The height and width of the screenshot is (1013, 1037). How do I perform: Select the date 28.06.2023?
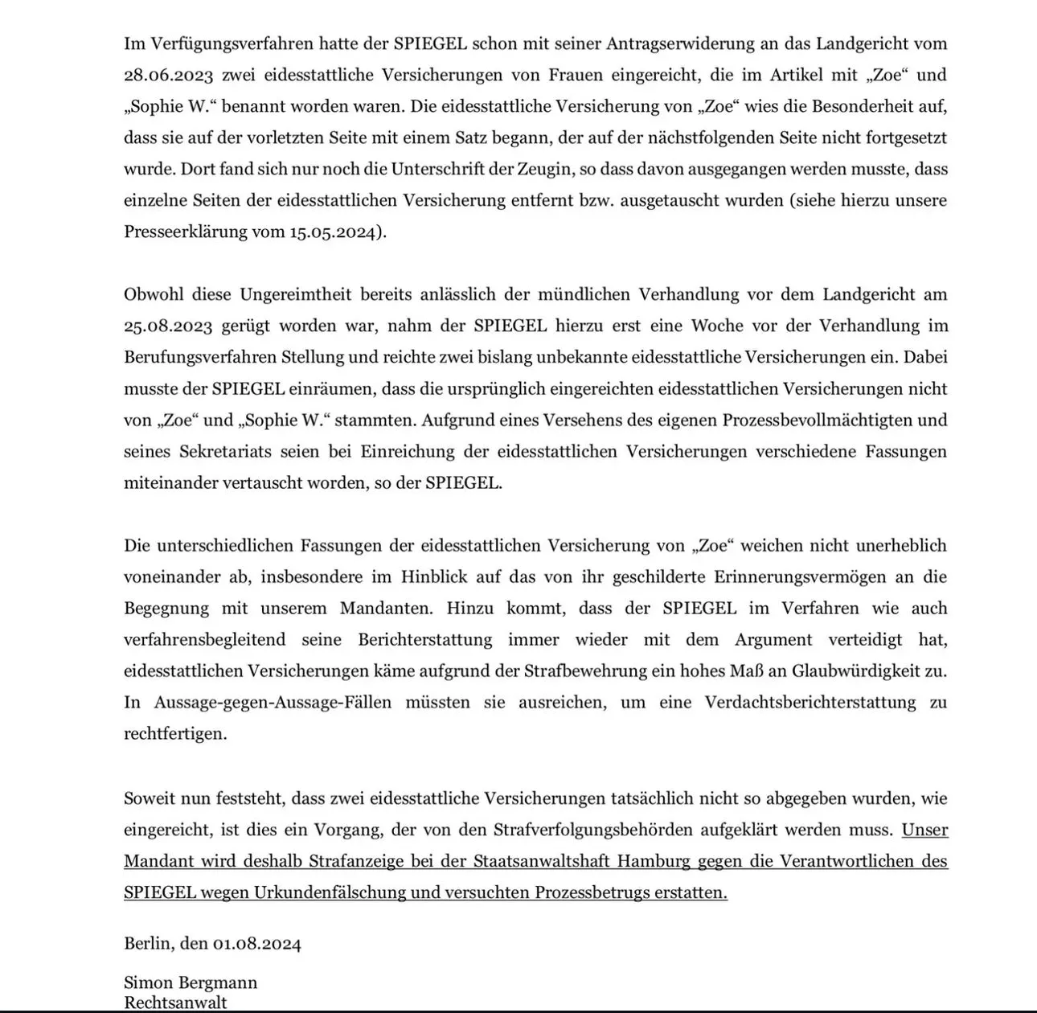168,75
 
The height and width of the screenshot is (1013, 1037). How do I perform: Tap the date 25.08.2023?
168,326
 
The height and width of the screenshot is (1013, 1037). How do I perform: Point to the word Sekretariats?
226,451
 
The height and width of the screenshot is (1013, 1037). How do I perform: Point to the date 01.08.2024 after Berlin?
256,943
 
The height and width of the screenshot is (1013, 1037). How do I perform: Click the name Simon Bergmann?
191,982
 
